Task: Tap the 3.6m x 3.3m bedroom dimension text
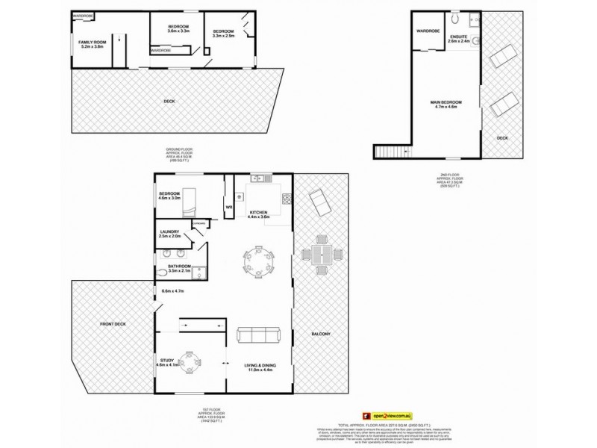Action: click(173, 31)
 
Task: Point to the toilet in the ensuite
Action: click(452, 17)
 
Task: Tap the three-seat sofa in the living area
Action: click(257, 335)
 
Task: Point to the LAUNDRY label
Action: click(170, 234)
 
